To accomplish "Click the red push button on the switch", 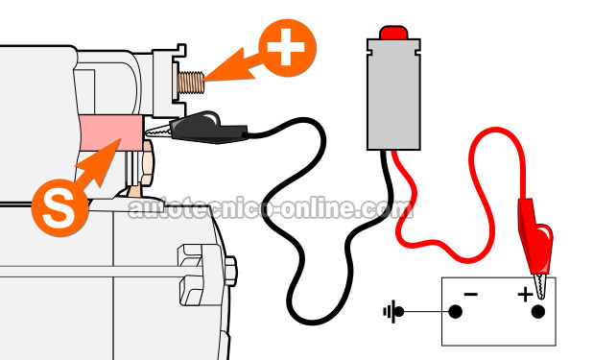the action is pyautogui.click(x=393, y=33).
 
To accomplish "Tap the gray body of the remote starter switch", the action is pyautogui.click(x=393, y=94).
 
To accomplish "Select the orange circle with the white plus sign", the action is pyautogui.click(x=287, y=48).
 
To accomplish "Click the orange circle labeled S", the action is pyautogui.click(x=59, y=207).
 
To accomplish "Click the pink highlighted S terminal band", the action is pyautogui.click(x=110, y=132).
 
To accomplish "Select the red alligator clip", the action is pyautogui.click(x=535, y=234).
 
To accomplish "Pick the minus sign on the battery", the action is pyautogui.click(x=471, y=294).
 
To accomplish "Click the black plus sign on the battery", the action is pyautogui.click(x=525, y=294).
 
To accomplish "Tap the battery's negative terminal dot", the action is pyautogui.click(x=456, y=312).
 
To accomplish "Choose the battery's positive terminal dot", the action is pyautogui.click(x=538, y=312).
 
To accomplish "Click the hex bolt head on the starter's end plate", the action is pyautogui.click(x=231, y=271).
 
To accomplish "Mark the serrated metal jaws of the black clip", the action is pyautogui.click(x=158, y=132).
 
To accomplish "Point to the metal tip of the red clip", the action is pyautogui.click(x=541, y=286).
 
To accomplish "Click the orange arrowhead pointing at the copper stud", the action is pyautogui.click(x=226, y=66).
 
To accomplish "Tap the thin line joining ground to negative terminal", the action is pyautogui.click(x=426, y=312).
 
